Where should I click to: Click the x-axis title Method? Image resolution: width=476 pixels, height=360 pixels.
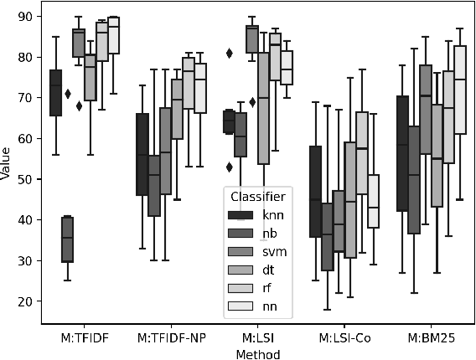257,353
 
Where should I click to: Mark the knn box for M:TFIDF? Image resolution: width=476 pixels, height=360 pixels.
55,93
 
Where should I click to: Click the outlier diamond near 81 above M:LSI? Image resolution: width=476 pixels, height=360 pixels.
229,53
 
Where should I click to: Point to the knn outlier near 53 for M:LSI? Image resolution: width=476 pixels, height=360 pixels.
229,167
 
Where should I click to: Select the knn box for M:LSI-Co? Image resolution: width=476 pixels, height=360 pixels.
316,192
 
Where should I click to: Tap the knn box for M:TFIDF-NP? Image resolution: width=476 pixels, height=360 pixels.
142,155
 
